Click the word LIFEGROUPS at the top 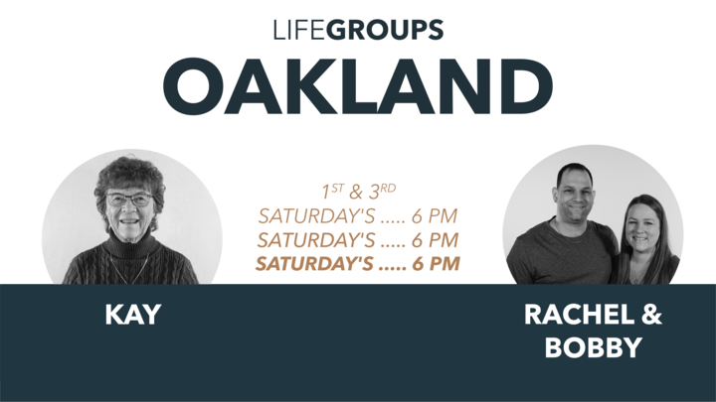point(358,30)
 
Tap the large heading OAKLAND point(358,87)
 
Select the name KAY point(132,316)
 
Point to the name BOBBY point(593,348)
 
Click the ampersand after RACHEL point(651,316)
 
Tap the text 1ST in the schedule point(332,190)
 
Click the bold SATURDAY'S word point(316,264)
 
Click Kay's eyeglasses point(129,200)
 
